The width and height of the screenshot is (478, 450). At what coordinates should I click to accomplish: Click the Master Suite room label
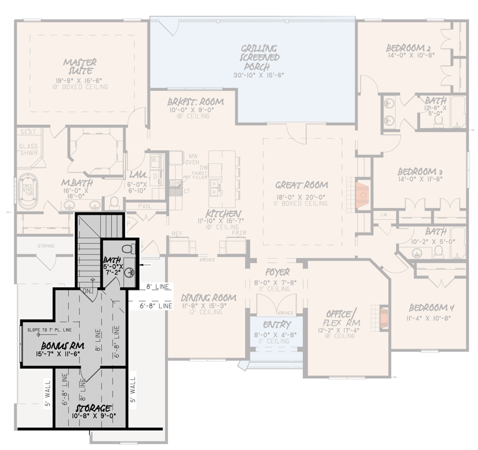pyautogui.click(x=80, y=66)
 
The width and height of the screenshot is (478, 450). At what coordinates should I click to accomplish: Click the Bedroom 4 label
pyautogui.click(x=431, y=308)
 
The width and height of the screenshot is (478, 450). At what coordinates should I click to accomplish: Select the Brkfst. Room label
pyautogui.click(x=195, y=102)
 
